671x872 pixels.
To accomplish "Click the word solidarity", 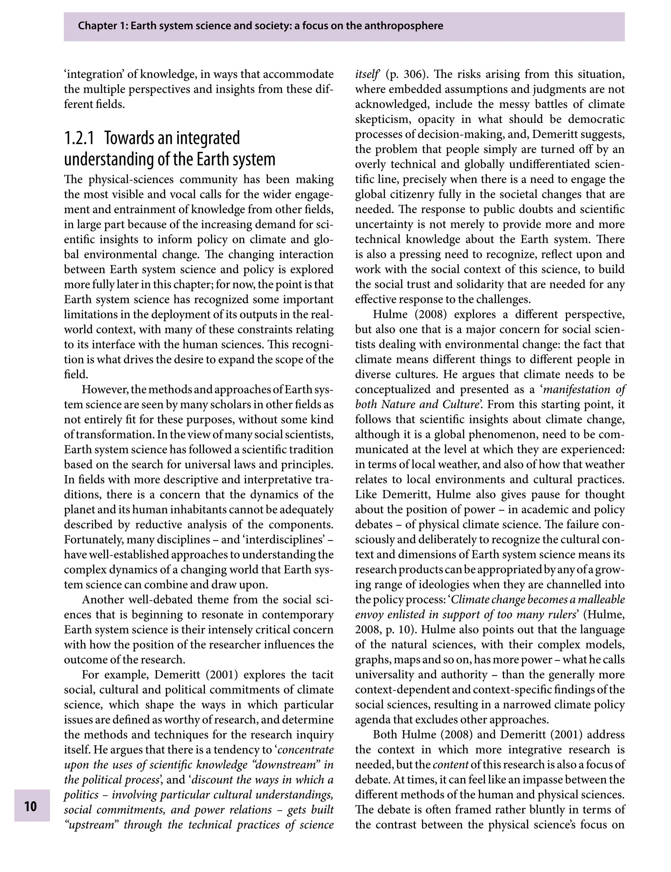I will (478, 284).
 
